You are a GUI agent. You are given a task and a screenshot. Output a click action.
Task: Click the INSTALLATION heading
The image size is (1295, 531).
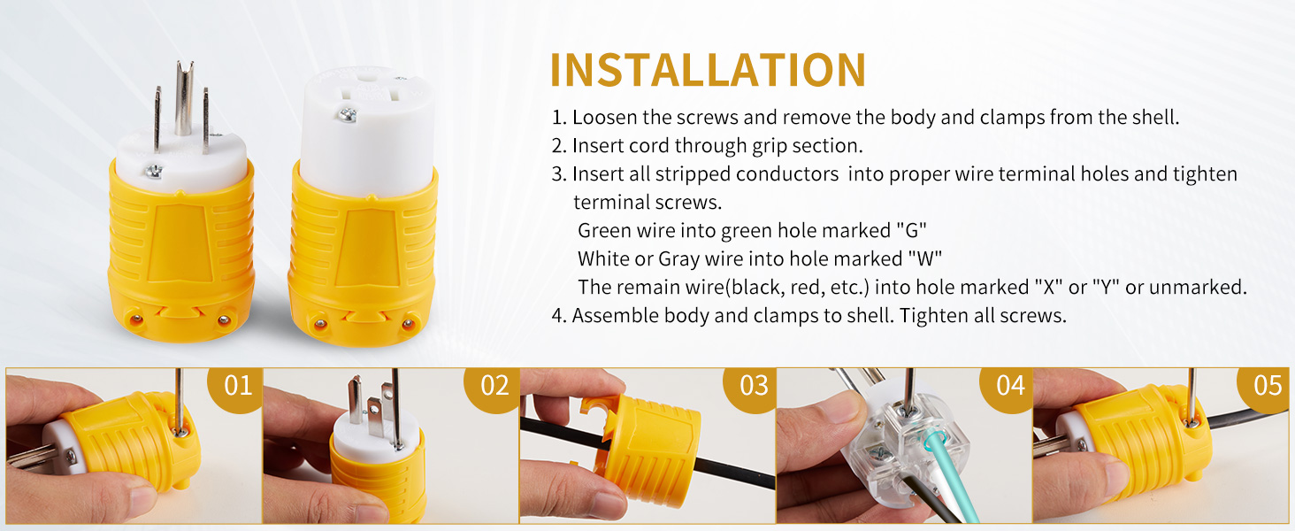709,70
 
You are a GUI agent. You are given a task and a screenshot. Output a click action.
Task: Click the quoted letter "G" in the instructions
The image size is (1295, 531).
912,230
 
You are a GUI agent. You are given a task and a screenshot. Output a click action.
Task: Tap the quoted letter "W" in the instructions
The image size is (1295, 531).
925,258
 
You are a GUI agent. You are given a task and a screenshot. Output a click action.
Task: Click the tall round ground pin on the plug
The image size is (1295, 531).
184,98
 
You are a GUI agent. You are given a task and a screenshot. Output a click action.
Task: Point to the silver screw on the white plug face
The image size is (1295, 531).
153,171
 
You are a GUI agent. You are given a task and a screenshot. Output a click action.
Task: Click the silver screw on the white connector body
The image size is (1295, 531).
348,114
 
